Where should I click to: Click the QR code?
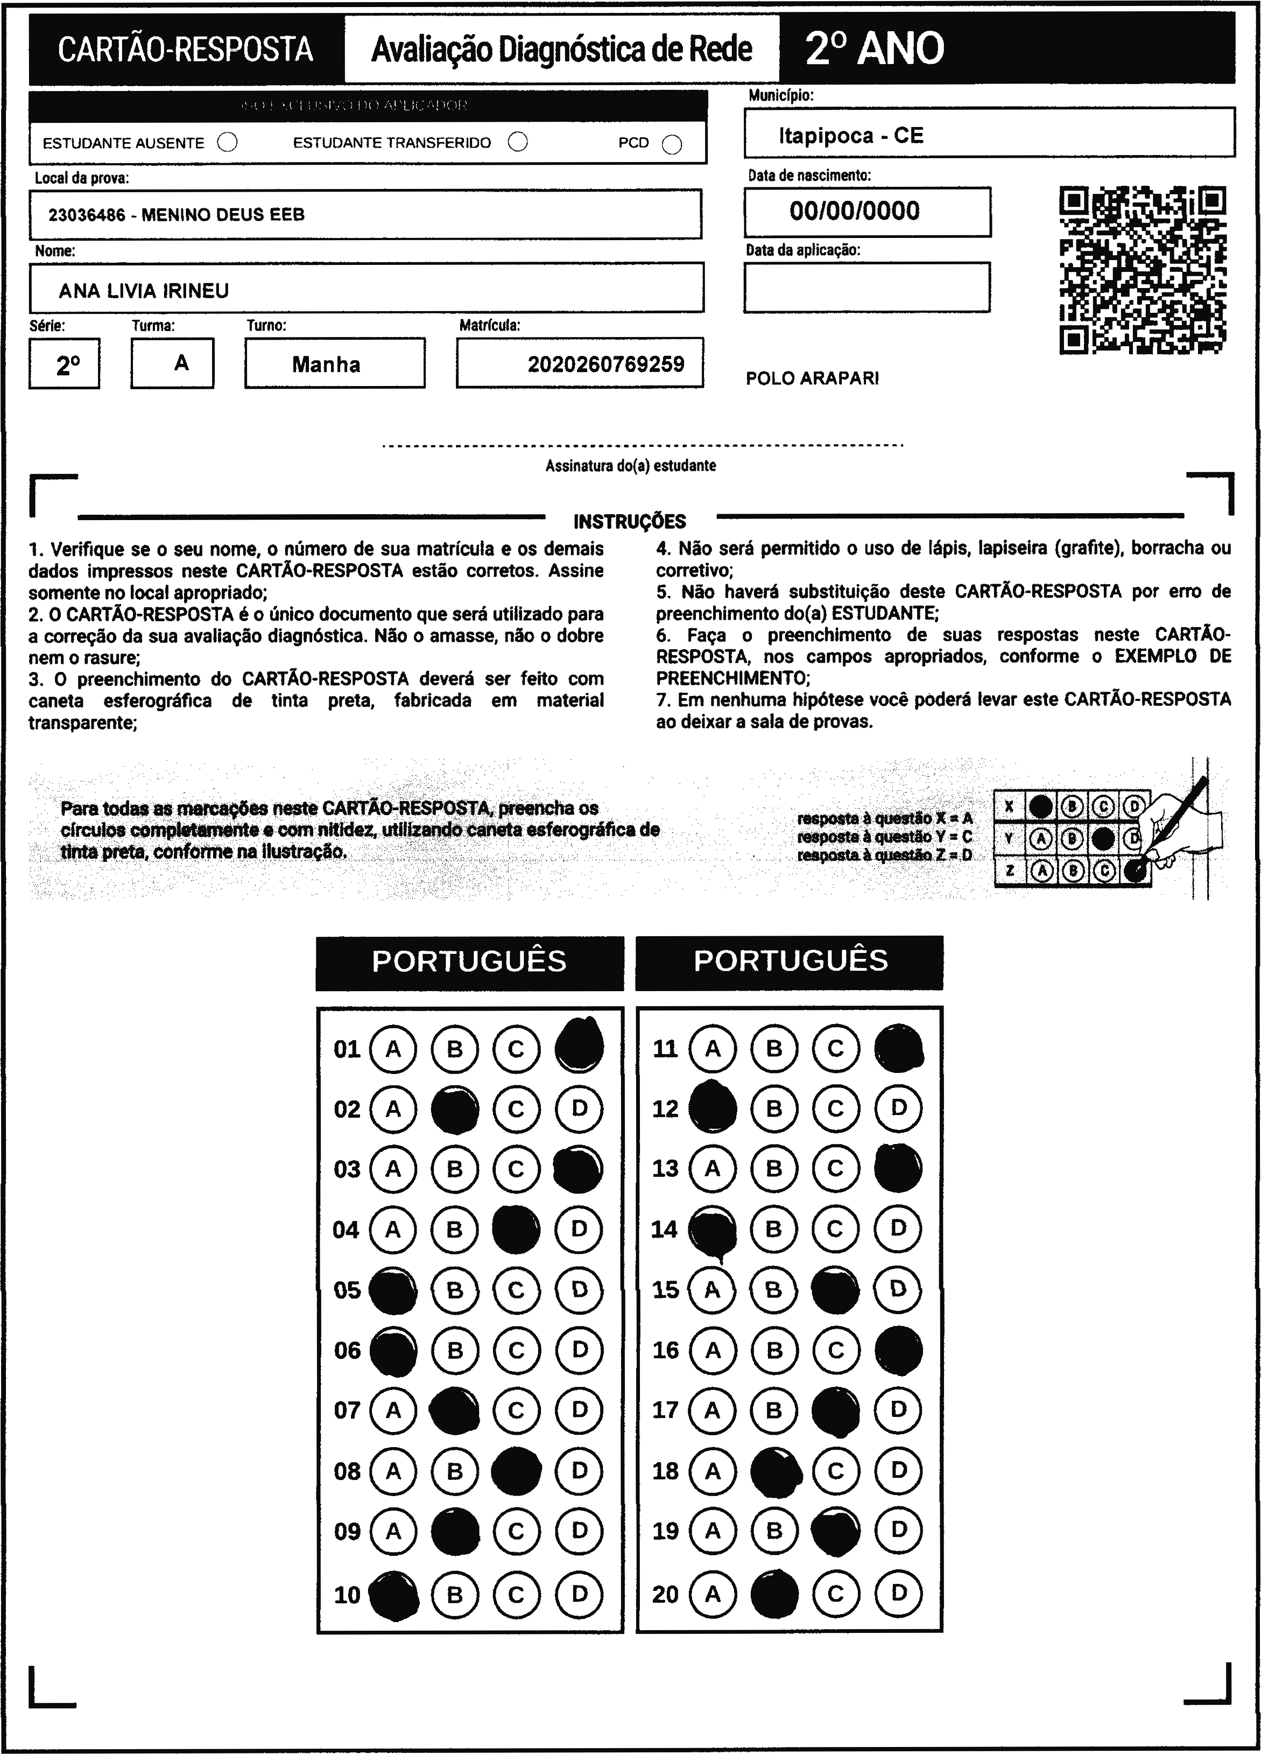[1142, 270]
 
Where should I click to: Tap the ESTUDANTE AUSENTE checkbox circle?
[227, 142]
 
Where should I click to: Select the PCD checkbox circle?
[672, 145]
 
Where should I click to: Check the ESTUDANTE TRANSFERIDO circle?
[518, 142]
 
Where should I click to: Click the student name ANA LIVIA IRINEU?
[144, 291]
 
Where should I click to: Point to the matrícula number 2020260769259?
[605, 364]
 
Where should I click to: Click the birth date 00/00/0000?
[854, 211]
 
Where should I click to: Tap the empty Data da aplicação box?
[866, 287]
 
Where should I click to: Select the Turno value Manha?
[326, 364]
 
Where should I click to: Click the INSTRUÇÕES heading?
[629, 521]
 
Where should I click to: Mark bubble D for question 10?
[579, 1594]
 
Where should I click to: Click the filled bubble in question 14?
[712, 1230]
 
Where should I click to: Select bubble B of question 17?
[774, 1411]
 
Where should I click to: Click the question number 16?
[665, 1350]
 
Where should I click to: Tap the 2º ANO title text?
[875, 48]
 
